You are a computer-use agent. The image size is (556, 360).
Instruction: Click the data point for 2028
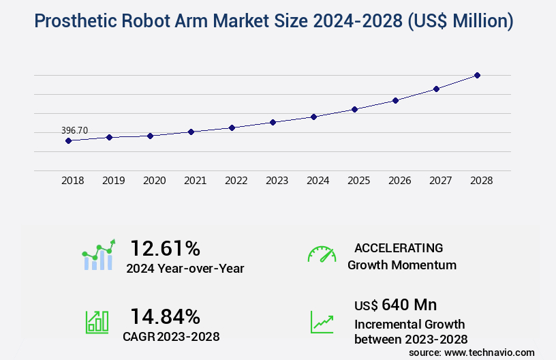477,75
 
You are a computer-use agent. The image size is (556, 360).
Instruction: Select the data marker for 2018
68,141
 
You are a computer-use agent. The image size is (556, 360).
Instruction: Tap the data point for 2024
313,117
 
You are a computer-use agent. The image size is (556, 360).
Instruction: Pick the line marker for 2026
395,100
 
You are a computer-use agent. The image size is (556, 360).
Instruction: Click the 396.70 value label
74,130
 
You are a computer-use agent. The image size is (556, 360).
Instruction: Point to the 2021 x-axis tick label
195,181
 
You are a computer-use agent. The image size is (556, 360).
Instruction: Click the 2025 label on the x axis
358,181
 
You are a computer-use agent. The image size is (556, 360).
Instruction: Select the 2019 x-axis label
113,181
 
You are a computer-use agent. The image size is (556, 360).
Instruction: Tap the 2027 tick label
440,181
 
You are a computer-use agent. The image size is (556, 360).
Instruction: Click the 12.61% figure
165,247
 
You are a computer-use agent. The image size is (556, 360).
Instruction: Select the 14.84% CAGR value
165,316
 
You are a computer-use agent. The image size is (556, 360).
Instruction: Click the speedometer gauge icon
322,254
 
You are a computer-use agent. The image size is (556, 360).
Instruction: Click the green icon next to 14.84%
97,322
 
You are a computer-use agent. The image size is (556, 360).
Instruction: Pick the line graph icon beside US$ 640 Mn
322,322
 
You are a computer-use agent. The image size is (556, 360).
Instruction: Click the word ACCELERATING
399,248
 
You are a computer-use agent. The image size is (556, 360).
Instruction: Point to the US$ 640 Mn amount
396,304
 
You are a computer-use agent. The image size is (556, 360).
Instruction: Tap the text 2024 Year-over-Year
185,269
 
